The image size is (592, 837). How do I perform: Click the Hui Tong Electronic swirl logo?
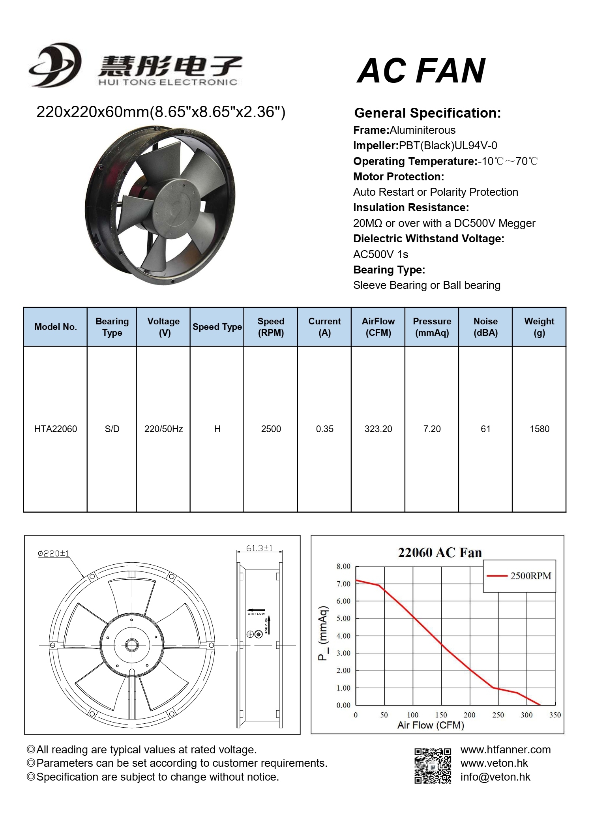tap(55, 65)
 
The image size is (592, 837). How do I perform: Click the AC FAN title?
tap(421, 71)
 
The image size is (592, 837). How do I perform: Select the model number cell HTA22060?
tap(56, 429)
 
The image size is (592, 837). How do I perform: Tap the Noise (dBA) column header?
tap(485, 327)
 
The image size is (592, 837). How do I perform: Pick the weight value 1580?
tap(539, 429)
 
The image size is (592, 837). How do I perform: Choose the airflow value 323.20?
tap(378, 429)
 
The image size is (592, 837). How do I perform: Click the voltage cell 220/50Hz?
tap(163, 429)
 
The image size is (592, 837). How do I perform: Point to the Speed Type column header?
tap(217, 327)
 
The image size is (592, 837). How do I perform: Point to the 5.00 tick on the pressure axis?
tap(343, 618)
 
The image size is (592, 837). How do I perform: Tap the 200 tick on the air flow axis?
tap(469, 715)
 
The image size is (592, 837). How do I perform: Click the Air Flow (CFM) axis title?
tap(431, 725)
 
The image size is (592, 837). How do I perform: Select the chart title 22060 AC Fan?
tap(440, 552)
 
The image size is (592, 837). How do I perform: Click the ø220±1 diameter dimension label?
tap(53, 554)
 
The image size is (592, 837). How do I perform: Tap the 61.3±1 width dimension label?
tap(259, 548)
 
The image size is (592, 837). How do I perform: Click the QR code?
tap(433, 766)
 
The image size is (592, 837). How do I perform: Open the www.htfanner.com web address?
tap(505, 750)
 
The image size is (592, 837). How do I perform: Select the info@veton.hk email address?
tap(495, 777)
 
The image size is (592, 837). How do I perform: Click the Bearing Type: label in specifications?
tap(389, 270)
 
